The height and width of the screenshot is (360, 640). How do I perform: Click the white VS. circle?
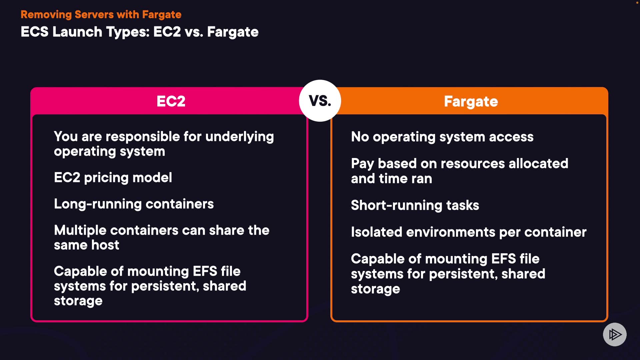coord(320,101)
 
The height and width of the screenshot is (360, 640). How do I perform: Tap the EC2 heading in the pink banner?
coord(171,101)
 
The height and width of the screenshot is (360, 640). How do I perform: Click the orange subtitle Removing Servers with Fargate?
coord(101,15)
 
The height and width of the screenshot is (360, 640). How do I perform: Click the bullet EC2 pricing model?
coord(113,178)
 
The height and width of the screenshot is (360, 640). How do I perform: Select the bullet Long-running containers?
coord(134,204)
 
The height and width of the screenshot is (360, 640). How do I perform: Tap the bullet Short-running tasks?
coord(415,205)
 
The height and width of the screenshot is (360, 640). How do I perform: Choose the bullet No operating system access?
coord(442,137)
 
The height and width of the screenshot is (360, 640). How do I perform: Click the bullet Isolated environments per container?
coord(469,232)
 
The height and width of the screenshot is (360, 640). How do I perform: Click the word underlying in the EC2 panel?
coord(240,137)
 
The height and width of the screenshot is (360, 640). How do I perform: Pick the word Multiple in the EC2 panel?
coord(80,231)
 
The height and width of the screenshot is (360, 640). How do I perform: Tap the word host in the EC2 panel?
coord(105,245)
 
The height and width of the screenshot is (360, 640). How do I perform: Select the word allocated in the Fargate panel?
coord(538,164)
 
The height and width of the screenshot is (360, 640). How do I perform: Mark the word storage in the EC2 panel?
coord(78,301)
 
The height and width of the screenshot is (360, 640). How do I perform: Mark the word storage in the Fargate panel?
coord(375,289)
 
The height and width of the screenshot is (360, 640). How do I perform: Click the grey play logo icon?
coord(615,334)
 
